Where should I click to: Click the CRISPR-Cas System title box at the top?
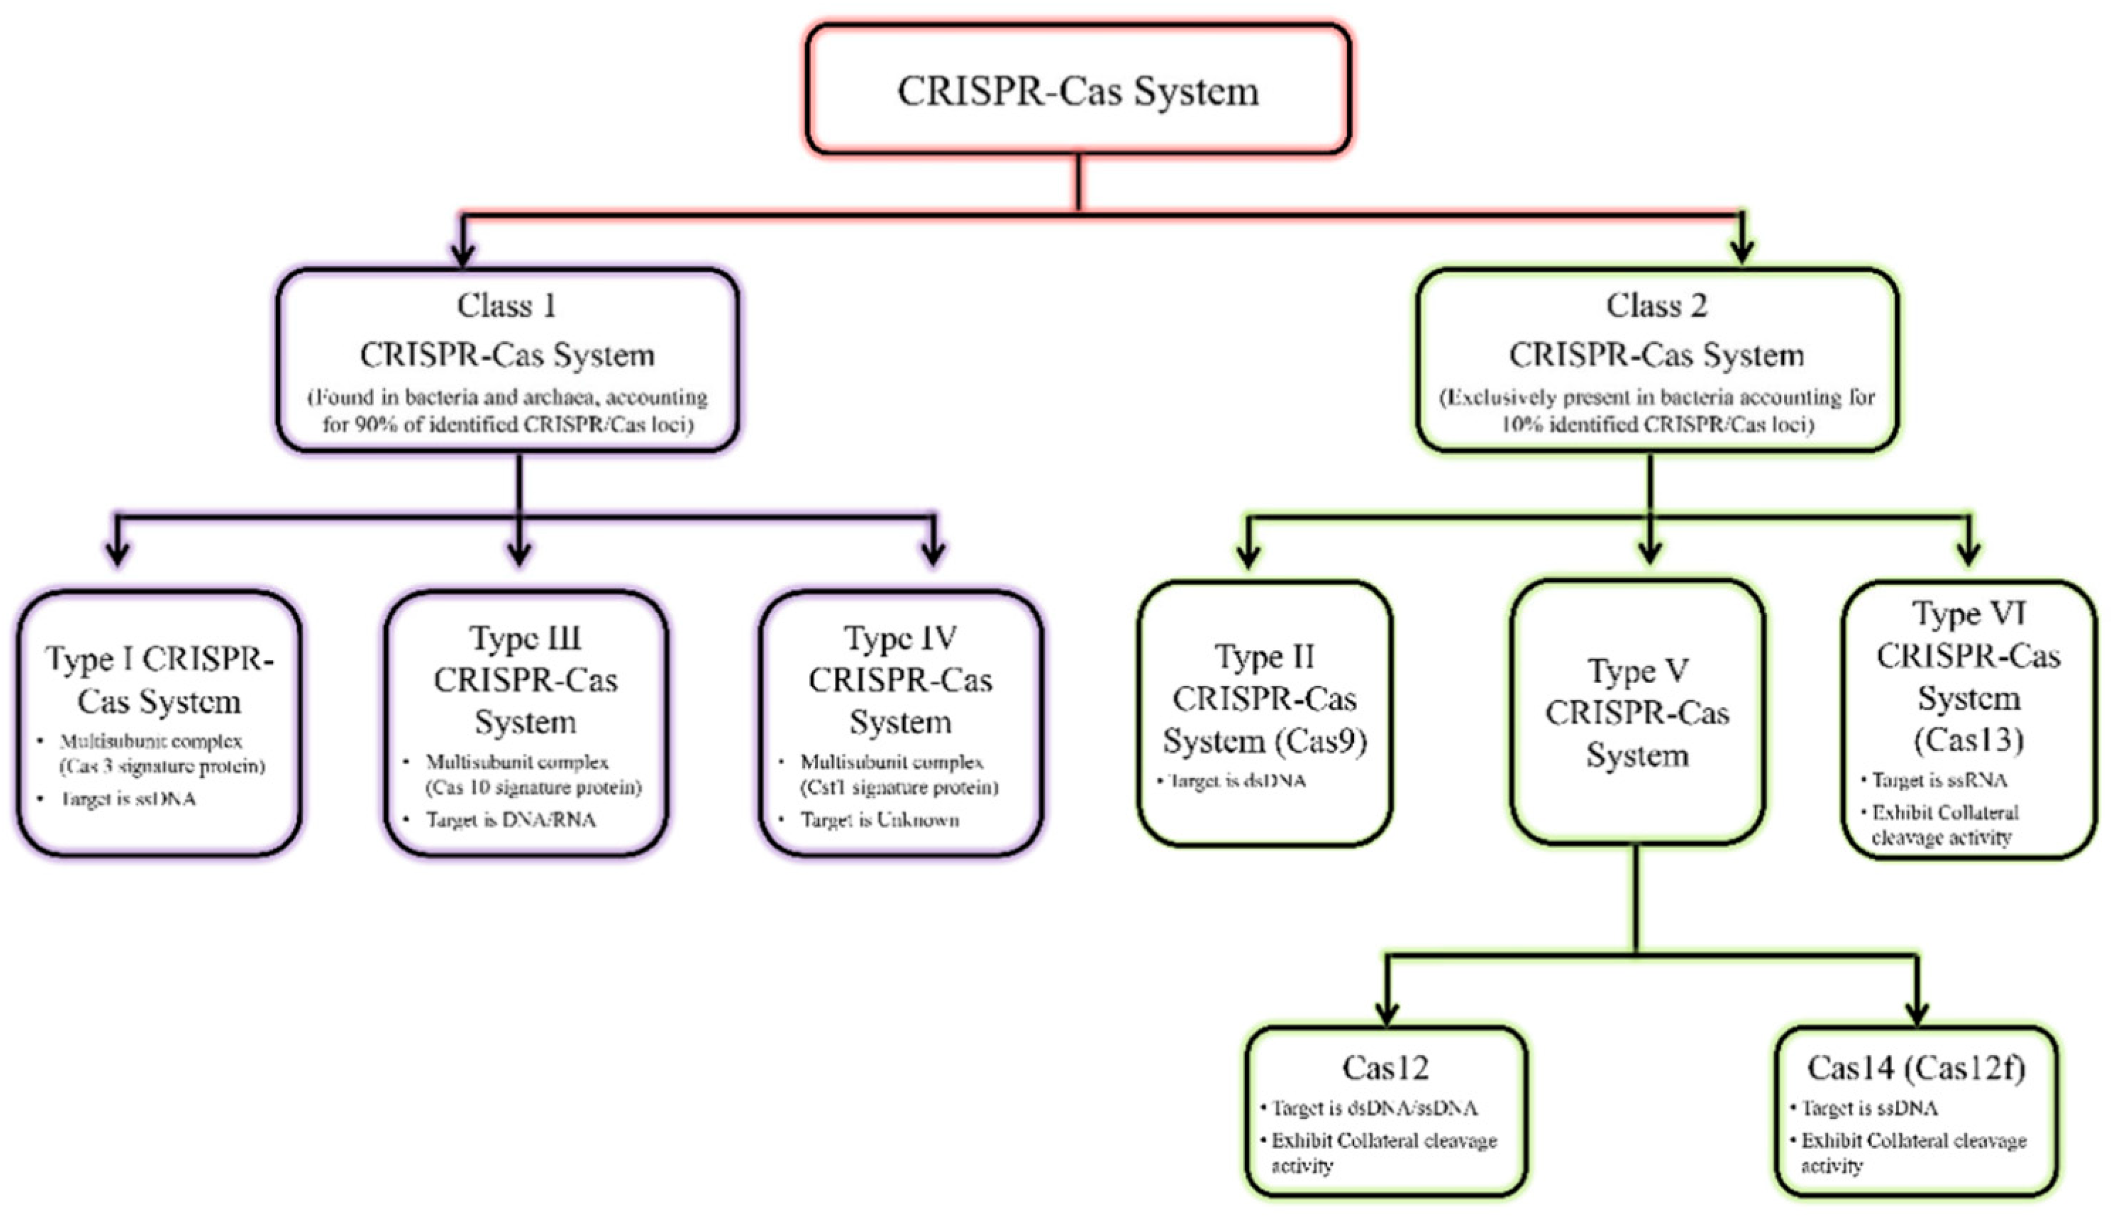[x=1078, y=90]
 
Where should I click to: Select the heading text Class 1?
[x=506, y=306]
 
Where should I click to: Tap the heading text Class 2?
[x=1657, y=306]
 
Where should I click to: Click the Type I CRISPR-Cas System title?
[x=159, y=680]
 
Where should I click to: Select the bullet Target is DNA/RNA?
[x=510, y=820]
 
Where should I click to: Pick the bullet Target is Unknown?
[x=879, y=820]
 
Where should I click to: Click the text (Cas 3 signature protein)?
[x=162, y=766]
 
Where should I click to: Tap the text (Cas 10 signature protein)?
[x=533, y=787]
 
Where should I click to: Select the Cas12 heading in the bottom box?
[x=1386, y=1067]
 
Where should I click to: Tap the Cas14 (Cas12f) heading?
[x=1916, y=1067]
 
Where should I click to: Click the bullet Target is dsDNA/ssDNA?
[x=1374, y=1108]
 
